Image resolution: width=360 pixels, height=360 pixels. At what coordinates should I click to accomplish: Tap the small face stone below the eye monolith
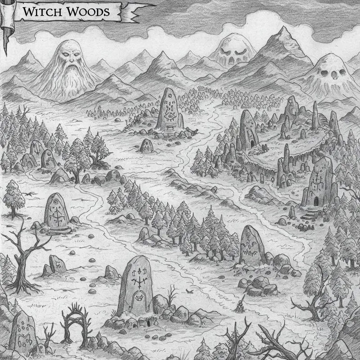pyautogui.click(x=146, y=145)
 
